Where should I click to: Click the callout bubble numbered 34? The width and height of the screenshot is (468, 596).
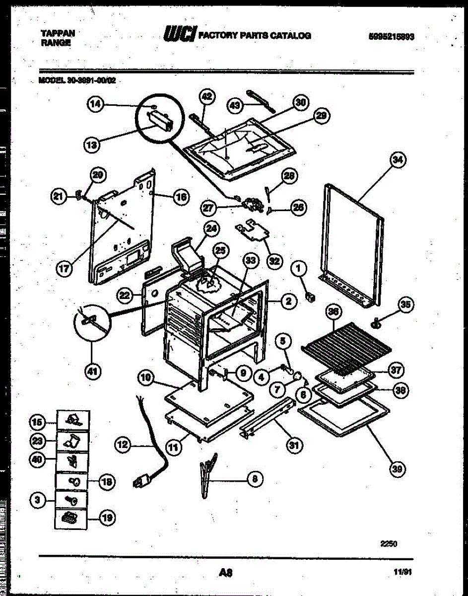coord(398,160)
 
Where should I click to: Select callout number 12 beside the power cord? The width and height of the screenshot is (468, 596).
coord(123,445)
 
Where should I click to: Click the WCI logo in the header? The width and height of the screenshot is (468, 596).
coord(179,34)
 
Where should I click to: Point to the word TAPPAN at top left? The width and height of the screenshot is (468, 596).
coord(58,33)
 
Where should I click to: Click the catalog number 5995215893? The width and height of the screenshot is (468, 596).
coord(391,36)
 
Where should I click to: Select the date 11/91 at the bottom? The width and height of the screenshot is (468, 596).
coord(402,572)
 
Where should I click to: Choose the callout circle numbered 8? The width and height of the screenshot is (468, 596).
coord(255,479)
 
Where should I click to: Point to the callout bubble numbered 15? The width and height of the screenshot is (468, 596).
coord(37,422)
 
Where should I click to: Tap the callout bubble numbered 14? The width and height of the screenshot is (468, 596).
coord(96,104)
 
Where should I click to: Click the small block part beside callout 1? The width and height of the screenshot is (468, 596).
coord(312,297)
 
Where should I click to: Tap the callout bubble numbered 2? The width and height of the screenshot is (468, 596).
coord(288,300)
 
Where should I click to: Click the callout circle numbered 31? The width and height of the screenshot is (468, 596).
coord(295,445)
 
